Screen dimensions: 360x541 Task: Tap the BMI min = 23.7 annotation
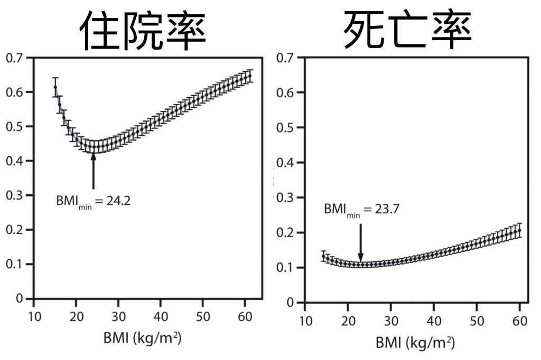click(x=361, y=209)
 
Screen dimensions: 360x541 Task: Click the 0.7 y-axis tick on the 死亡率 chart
click(x=286, y=58)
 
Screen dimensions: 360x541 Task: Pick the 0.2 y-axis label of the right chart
click(x=286, y=232)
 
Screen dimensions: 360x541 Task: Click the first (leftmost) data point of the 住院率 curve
click(x=55, y=87)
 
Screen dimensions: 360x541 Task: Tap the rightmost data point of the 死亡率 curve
click(x=520, y=230)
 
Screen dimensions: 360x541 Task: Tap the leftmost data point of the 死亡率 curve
click(x=323, y=257)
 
